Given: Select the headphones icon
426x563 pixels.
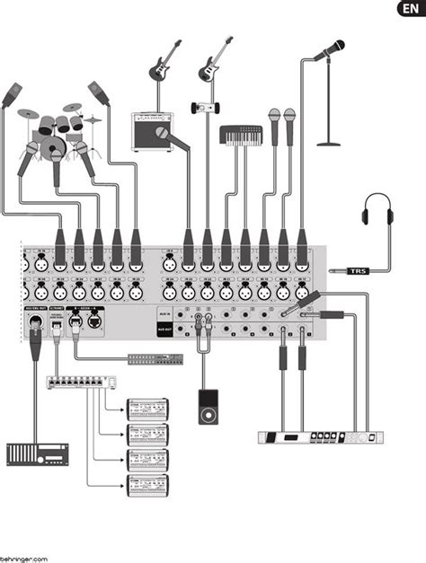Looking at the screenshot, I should [378, 214].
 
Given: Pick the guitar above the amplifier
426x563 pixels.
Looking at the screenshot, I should [164, 62].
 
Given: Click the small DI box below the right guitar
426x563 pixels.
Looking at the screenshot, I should [206, 108].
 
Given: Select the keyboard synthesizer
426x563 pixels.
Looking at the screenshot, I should [241, 136].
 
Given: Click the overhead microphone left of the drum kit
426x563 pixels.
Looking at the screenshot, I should [12, 94].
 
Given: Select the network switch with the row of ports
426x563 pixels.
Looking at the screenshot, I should [81, 381].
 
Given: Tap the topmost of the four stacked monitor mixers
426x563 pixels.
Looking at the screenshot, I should [148, 406].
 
